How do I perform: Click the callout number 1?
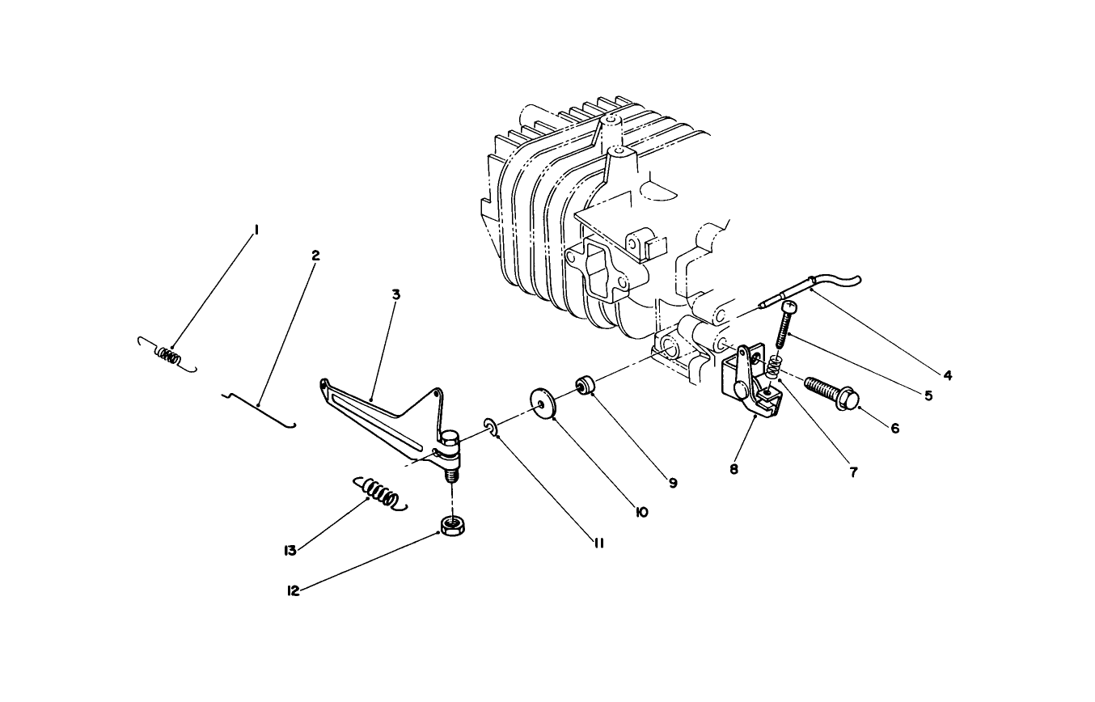coord(256,230)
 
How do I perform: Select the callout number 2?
coord(315,256)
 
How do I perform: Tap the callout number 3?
coord(396,294)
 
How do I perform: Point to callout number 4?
coord(947,375)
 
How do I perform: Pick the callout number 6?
coord(895,429)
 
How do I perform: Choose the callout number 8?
coord(734,469)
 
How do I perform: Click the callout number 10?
coord(641,512)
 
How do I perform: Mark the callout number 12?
coord(293,591)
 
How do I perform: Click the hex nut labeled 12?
coord(453,526)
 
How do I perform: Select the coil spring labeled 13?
coord(380,493)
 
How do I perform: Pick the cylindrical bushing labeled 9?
coord(585,385)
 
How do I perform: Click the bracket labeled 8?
coord(751,384)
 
